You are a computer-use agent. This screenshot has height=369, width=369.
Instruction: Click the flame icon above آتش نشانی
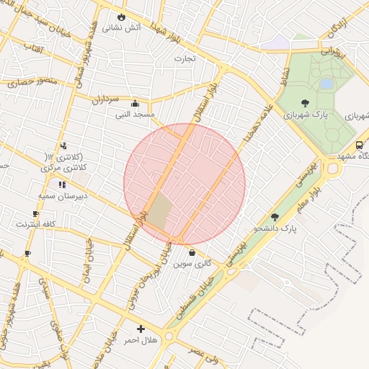pyautogui.click(x=122, y=17)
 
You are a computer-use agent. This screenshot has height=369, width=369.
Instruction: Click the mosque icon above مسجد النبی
pyautogui.click(x=135, y=103)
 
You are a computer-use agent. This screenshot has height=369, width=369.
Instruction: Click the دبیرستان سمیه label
pyautogui.click(x=63, y=195)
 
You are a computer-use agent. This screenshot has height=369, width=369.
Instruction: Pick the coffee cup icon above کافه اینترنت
pyautogui.click(x=36, y=213)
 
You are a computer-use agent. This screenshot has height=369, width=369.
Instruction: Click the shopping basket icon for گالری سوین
pyautogui.click(x=192, y=252)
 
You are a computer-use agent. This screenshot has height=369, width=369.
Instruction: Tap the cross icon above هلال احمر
pyautogui.click(x=141, y=329)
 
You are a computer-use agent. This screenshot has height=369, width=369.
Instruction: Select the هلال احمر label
pyautogui.click(x=141, y=339)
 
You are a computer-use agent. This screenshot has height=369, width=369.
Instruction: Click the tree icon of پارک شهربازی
pyautogui.click(x=305, y=103)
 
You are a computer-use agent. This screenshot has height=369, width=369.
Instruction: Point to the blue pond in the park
pyautogui.click(x=326, y=84)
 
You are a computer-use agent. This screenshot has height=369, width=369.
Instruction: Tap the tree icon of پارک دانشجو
pyautogui.click(x=274, y=217)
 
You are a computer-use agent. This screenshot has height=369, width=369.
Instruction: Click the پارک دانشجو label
pyautogui.click(x=275, y=229)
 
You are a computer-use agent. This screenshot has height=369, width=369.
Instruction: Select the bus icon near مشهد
pyautogui.click(x=360, y=144)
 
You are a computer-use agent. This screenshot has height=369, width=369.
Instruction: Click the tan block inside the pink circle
pyautogui.click(x=160, y=212)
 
